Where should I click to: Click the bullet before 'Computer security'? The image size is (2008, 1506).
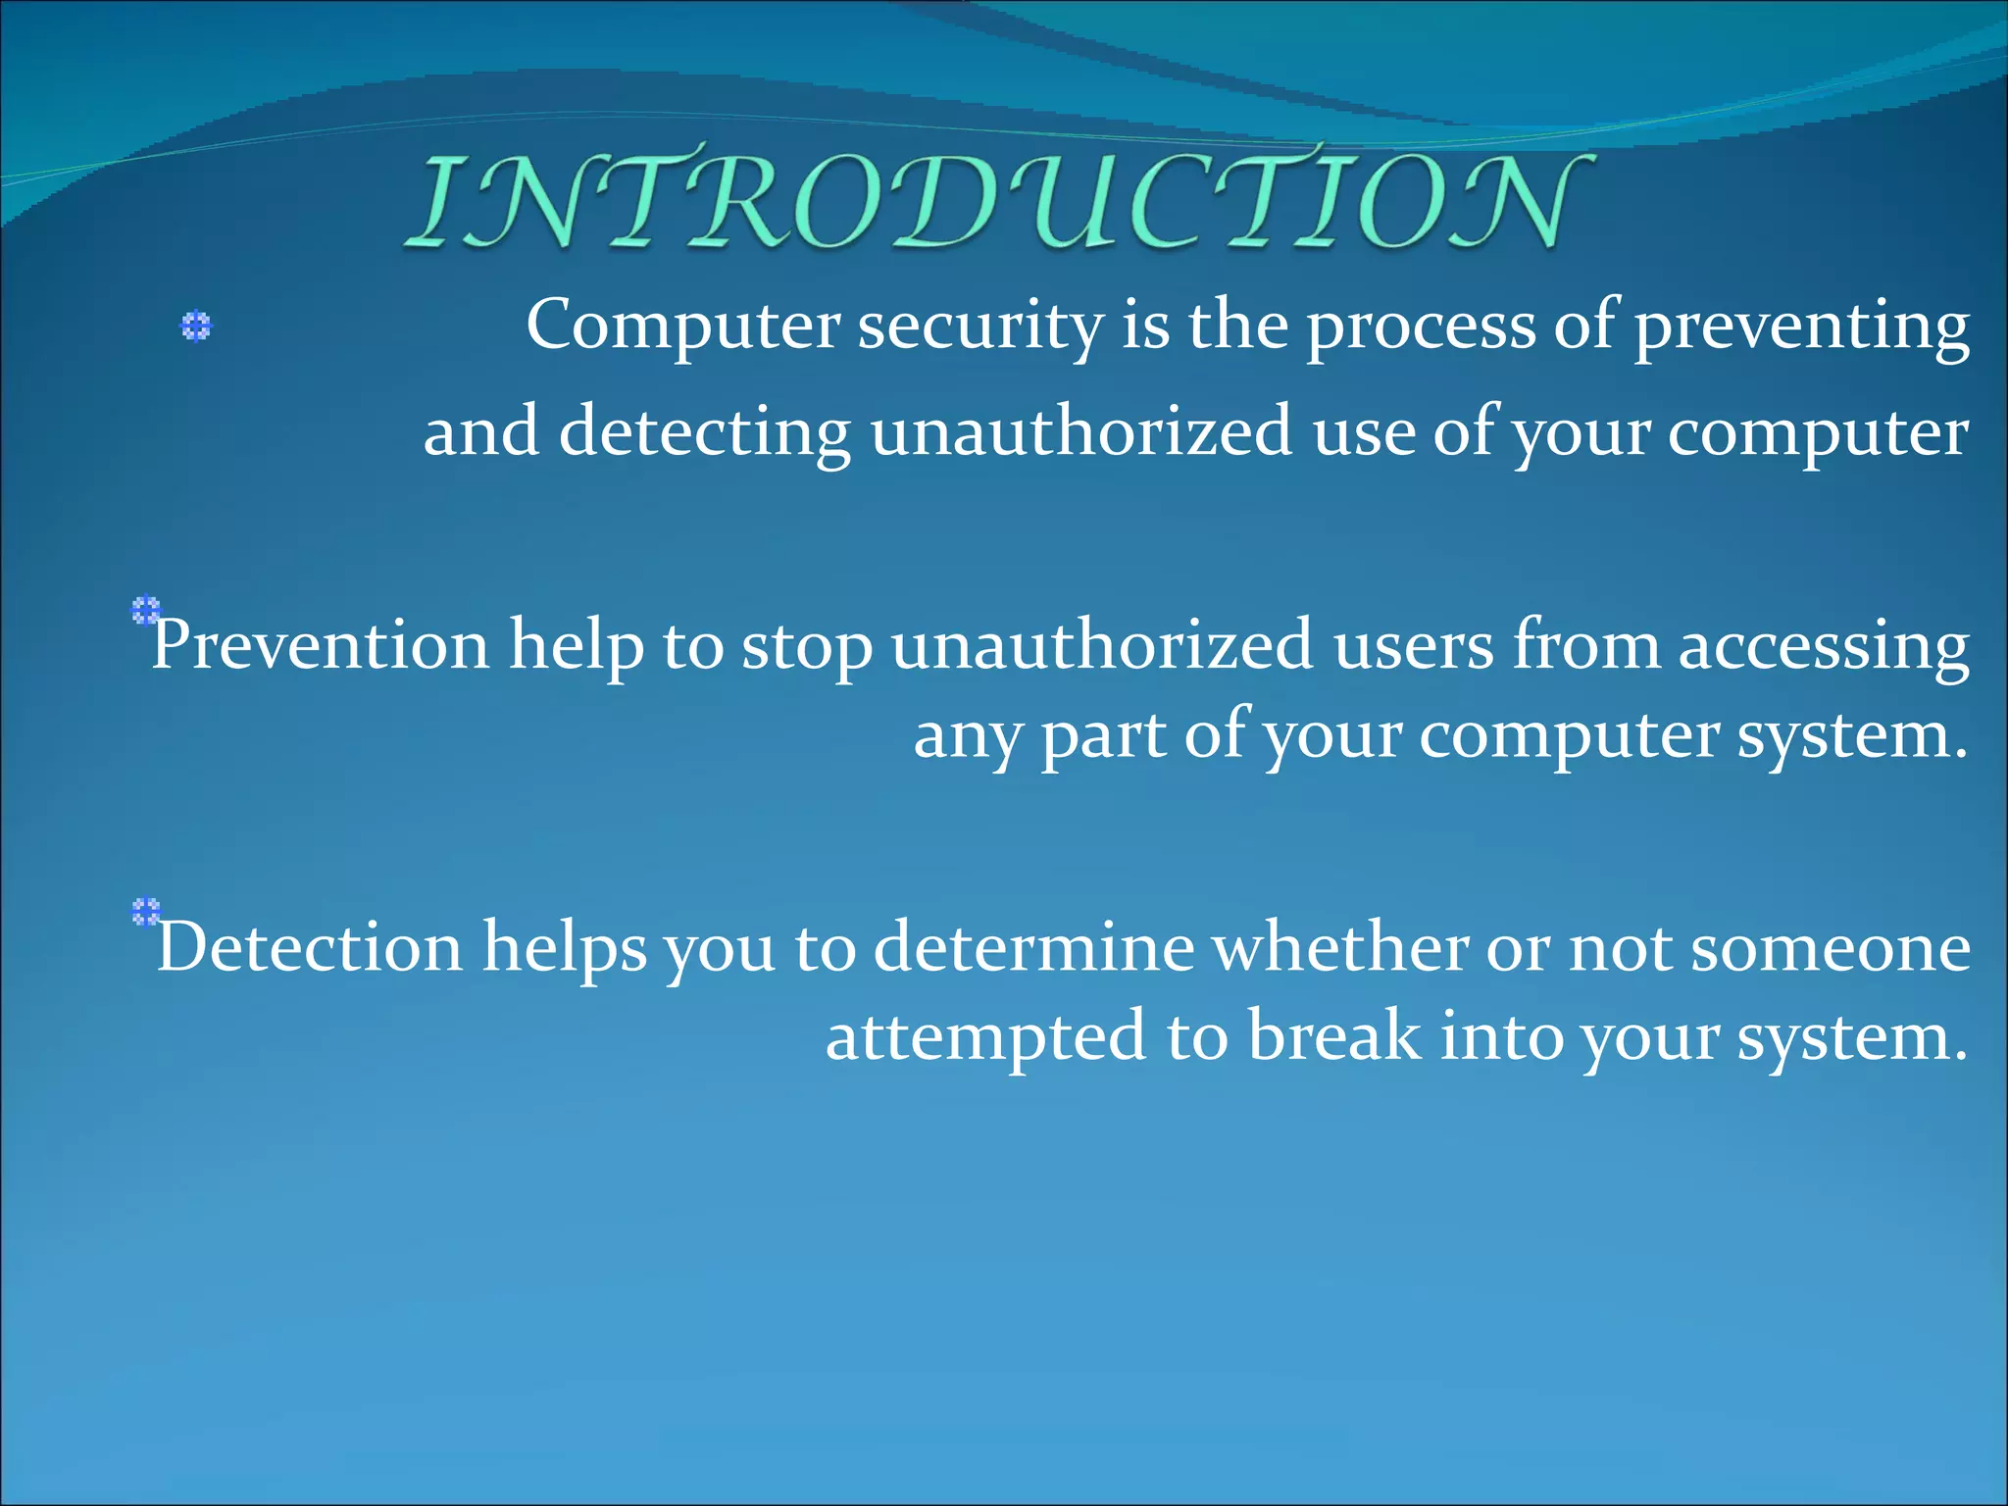196,326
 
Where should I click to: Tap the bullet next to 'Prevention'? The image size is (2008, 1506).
145,611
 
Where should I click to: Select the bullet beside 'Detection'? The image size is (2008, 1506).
145,912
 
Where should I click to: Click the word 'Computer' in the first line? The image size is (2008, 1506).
683,326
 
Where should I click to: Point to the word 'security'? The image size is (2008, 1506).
980,326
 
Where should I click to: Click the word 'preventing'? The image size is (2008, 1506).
1800,326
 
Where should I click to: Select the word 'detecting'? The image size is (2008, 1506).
704,431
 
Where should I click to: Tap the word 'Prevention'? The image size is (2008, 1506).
320,646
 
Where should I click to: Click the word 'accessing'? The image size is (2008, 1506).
1823,646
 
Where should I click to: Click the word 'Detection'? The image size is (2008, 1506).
310,948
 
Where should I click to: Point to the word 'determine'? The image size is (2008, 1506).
1033,948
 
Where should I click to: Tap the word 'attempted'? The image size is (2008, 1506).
985,1036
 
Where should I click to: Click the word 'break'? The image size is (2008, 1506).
1333,1036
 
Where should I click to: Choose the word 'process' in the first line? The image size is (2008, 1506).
1421,326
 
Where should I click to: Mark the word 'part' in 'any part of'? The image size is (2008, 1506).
1102,736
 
